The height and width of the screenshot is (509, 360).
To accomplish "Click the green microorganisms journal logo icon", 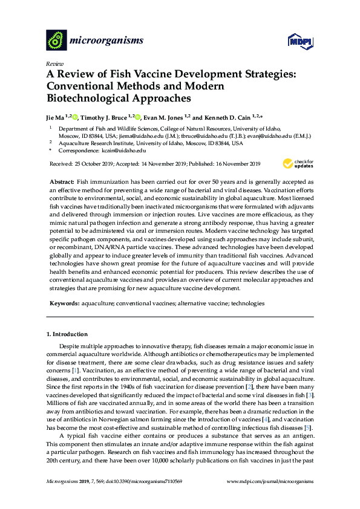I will [x=56, y=40].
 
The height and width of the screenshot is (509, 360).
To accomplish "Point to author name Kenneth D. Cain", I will [x=233, y=117].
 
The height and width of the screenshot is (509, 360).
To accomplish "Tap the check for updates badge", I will [x=294, y=164].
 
